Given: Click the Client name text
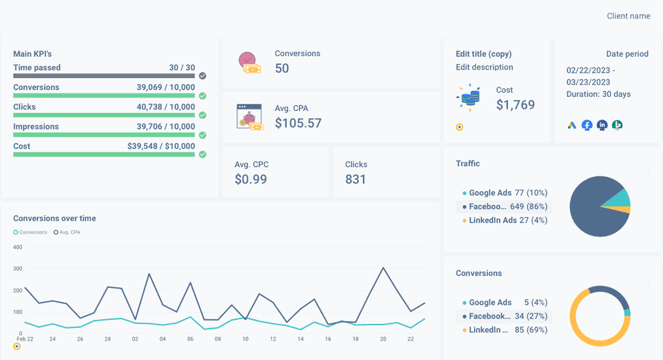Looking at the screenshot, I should point(628,16).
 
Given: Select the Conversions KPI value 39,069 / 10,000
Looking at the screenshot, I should point(166,87).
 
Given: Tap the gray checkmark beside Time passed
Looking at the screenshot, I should point(203,76).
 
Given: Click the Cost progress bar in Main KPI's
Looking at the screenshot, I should point(104,154).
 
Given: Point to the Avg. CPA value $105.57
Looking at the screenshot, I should point(298,124).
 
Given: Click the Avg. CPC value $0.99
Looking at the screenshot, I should point(251,179).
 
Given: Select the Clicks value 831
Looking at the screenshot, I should point(356,179).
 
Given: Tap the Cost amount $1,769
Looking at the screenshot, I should point(515,105).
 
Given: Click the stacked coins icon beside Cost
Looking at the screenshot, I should point(469,98).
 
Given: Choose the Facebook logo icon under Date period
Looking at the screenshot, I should point(587,125).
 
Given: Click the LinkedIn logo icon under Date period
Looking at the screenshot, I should point(602,125).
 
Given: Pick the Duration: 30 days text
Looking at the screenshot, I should point(599,94).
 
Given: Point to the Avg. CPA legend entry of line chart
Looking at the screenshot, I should point(66,232).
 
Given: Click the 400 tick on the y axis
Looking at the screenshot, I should point(18,247).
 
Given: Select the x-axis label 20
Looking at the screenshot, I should point(383,339).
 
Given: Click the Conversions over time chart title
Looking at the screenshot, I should point(55,218).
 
